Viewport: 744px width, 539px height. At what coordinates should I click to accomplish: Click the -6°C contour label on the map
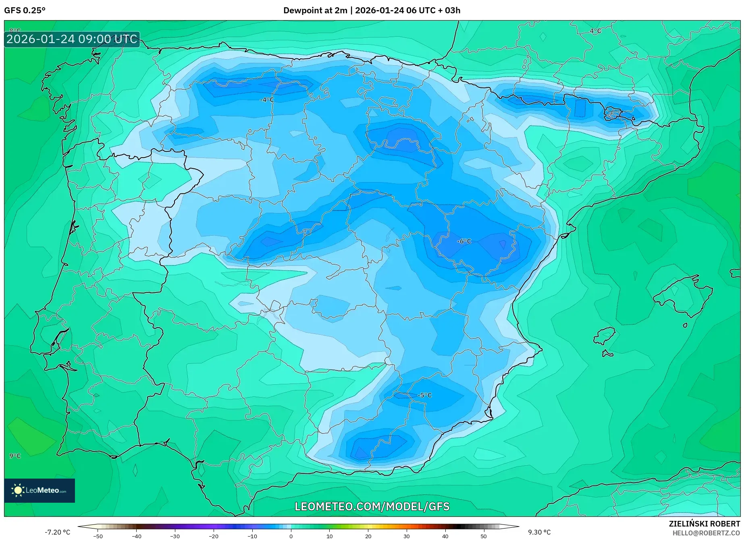click(x=464, y=241)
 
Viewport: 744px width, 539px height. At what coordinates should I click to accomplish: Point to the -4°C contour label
click(x=266, y=100)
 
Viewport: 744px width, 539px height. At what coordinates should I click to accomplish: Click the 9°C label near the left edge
click(x=15, y=456)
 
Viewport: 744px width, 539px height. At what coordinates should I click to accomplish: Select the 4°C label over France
click(x=595, y=31)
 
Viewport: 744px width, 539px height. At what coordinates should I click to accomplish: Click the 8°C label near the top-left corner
click(x=15, y=31)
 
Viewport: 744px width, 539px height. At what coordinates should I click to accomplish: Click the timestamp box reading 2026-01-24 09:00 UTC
click(x=72, y=39)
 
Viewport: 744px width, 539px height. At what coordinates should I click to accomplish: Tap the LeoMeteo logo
click(x=39, y=490)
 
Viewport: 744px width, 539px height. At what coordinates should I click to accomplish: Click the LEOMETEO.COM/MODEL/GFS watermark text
click(x=372, y=506)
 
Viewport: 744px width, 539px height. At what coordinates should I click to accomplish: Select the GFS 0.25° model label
click(x=25, y=10)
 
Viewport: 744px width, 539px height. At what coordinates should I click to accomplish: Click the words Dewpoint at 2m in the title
click(x=315, y=10)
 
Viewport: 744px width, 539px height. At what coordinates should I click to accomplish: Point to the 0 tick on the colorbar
click(x=291, y=536)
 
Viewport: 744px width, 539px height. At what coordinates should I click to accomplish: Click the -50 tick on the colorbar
click(x=98, y=536)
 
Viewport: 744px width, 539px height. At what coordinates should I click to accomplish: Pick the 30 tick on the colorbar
click(x=406, y=536)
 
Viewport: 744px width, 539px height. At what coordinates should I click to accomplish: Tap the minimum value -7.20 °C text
click(x=57, y=532)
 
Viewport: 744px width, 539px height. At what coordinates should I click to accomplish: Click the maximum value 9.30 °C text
click(x=539, y=532)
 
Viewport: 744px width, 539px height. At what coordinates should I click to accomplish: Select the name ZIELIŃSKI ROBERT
click(x=704, y=524)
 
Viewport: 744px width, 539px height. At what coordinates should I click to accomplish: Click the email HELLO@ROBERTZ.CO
click(x=706, y=533)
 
